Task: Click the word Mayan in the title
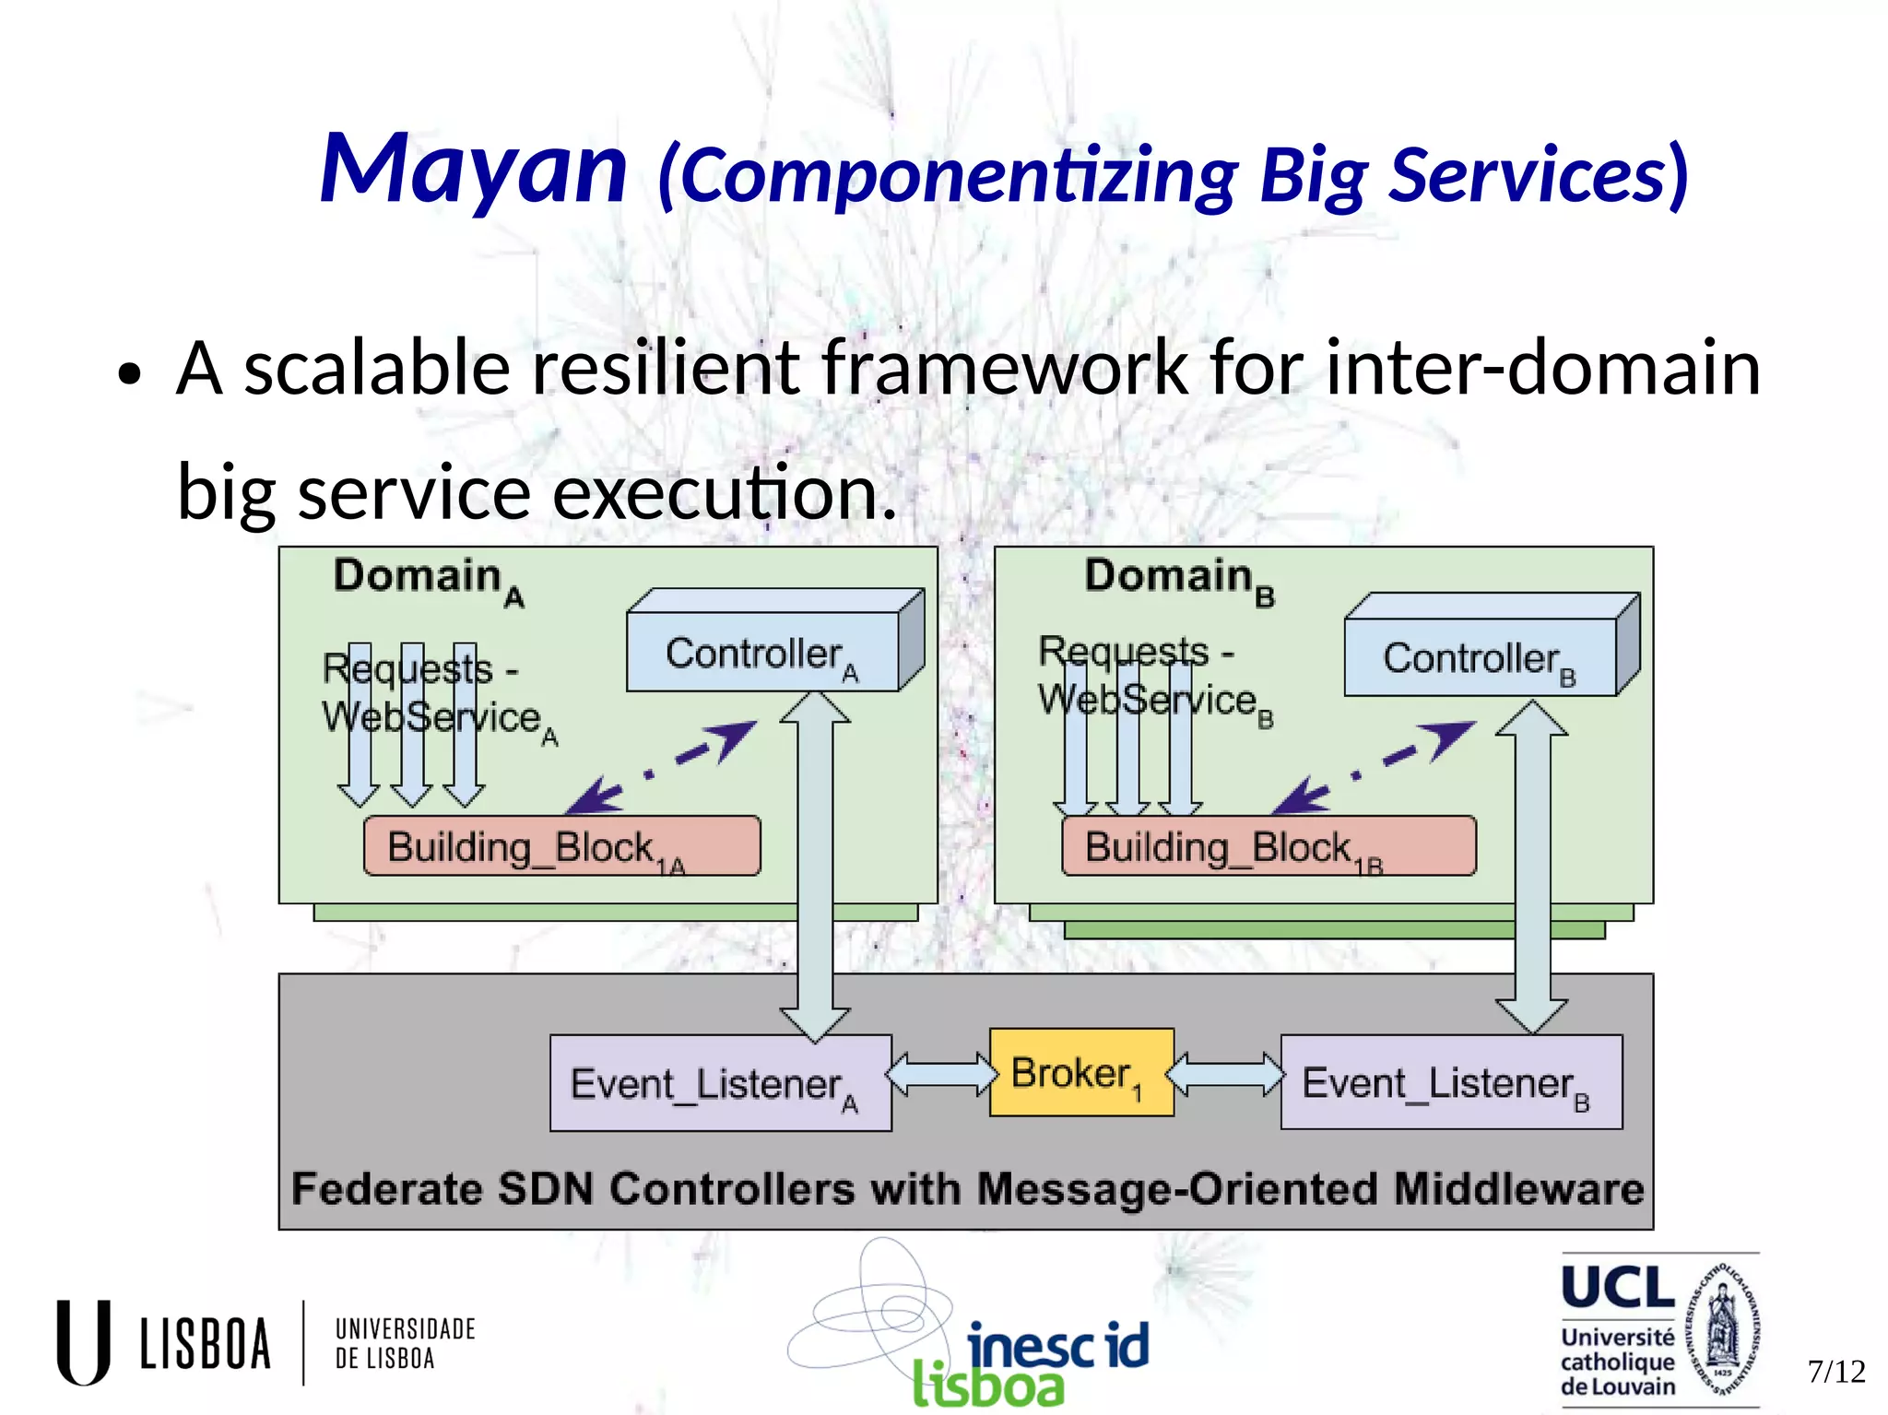(x=473, y=171)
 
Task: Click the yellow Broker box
(x=1080, y=1073)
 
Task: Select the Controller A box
(x=761, y=653)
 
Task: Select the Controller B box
(x=1479, y=657)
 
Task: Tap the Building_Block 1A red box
(x=561, y=846)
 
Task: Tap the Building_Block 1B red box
(x=1268, y=846)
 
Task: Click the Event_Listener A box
(x=719, y=1084)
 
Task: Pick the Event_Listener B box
(x=1450, y=1083)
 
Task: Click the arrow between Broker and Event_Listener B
(x=1227, y=1075)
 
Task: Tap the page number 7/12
(x=1835, y=1372)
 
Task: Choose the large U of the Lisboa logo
(x=83, y=1342)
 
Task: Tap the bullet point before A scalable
(x=130, y=374)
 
